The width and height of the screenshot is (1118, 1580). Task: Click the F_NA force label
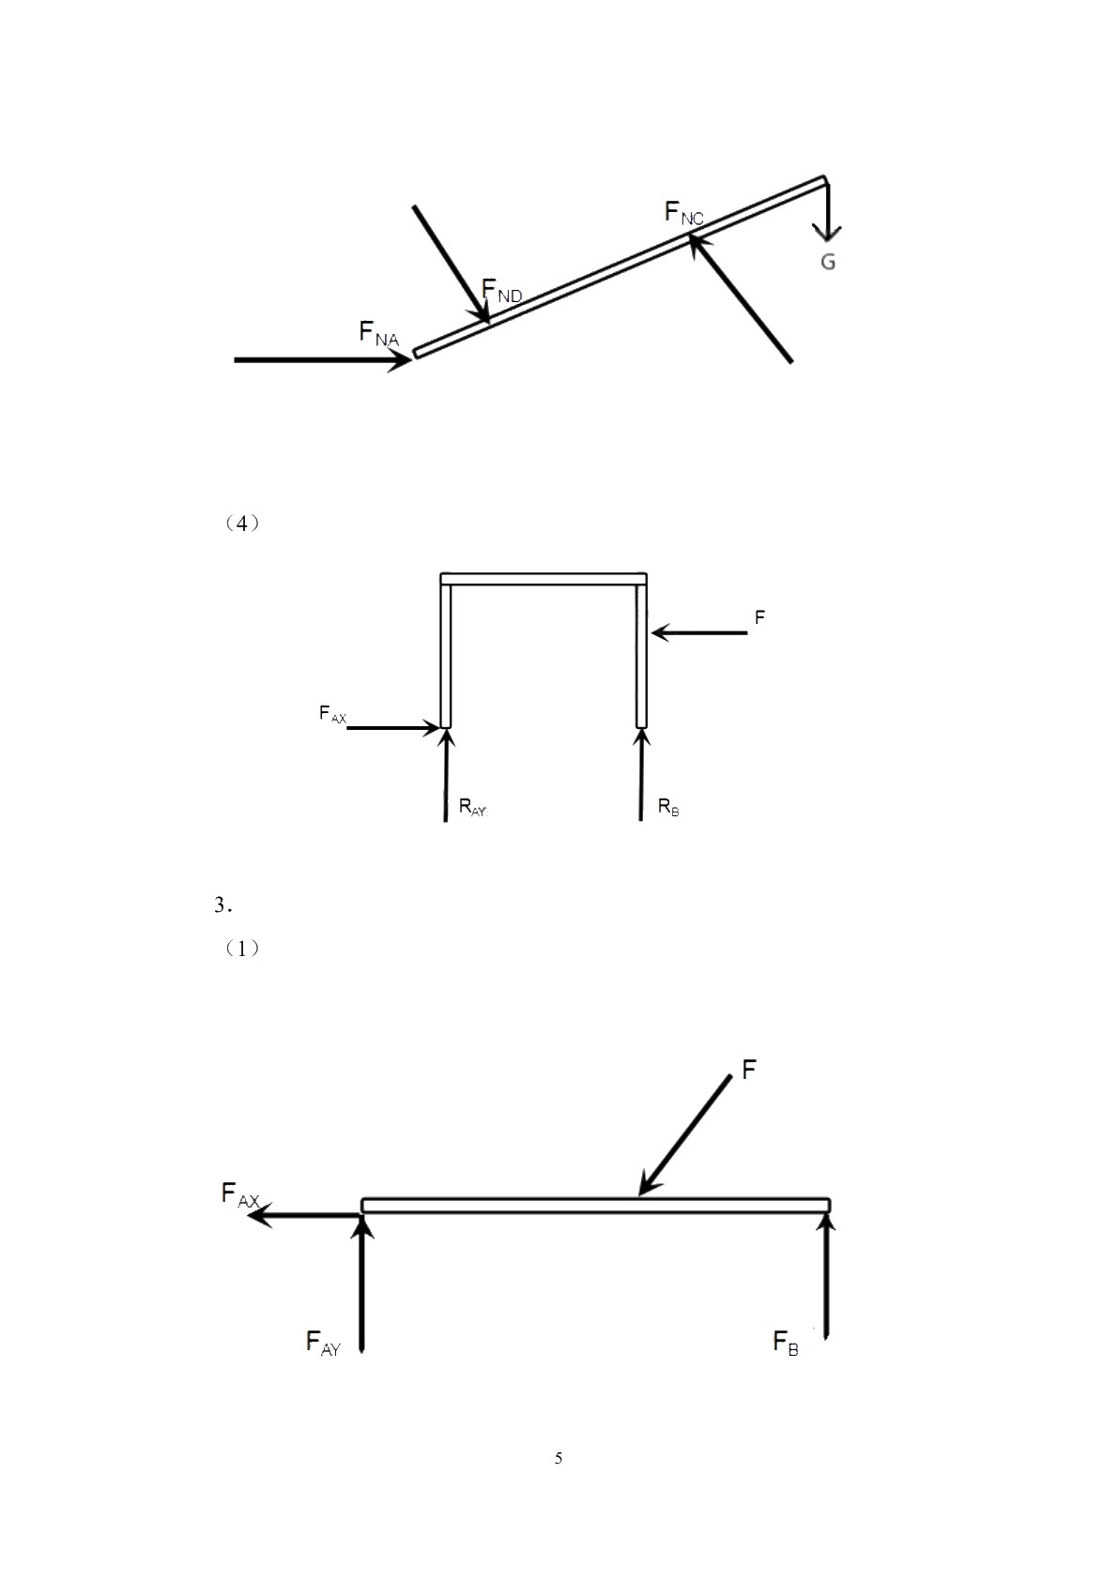379,333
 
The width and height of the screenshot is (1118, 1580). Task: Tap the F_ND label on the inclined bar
501,290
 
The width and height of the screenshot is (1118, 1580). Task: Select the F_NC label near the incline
684,212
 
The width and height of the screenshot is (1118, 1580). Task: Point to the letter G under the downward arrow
828,262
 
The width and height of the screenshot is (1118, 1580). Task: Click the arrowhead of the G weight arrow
826,233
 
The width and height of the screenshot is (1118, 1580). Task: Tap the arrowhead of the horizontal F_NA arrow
400,359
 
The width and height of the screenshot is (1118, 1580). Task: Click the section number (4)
241,524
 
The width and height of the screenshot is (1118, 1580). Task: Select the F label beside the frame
759,617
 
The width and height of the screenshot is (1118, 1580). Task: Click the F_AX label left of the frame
332,714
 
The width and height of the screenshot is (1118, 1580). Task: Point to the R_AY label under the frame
473,807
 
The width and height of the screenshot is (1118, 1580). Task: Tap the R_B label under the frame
667,807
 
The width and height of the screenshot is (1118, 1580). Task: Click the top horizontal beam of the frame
544,579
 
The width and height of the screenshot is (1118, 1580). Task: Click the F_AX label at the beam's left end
240,1195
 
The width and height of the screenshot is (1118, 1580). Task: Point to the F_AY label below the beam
323,1342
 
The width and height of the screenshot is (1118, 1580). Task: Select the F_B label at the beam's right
786,1342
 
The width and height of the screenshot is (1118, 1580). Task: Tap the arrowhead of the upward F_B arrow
826,1223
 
